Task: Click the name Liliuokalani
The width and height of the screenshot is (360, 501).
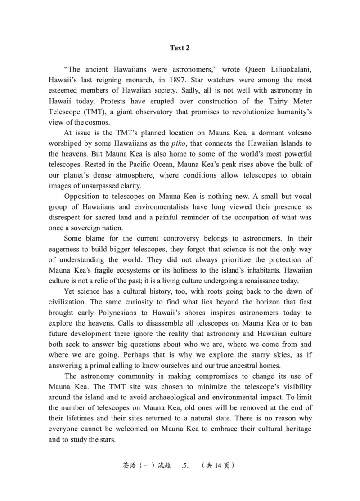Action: [x=289, y=69]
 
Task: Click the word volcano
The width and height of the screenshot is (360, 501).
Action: [x=297, y=133]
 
